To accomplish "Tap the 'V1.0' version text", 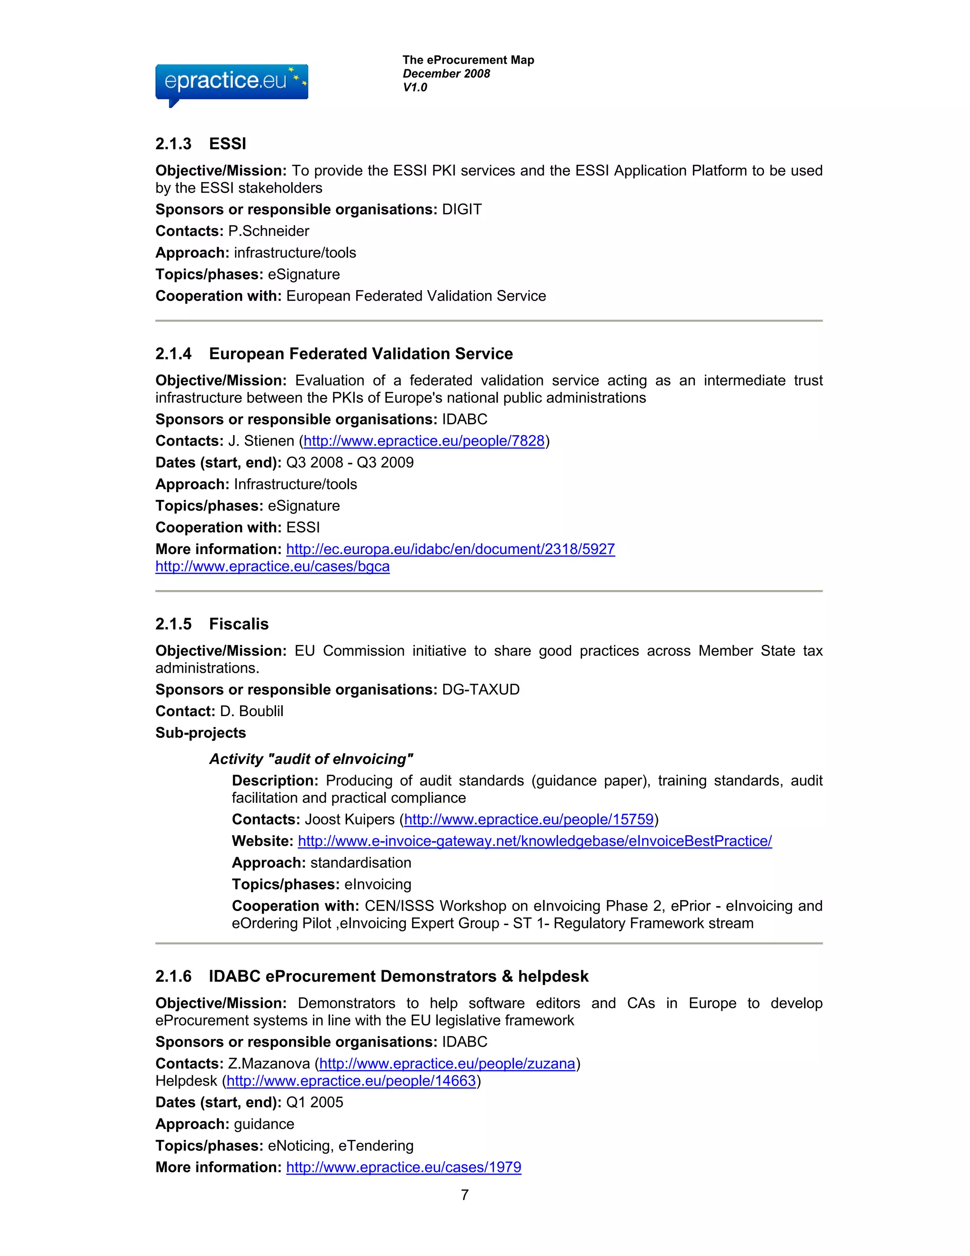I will point(414,87).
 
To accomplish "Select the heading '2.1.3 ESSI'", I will point(200,144).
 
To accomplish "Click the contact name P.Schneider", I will point(269,231).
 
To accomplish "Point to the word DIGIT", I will point(461,209).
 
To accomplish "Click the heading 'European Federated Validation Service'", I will point(360,354).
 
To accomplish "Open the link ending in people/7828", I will point(423,441).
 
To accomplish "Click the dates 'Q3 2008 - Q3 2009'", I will point(350,463).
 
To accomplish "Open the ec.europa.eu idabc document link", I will point(450,549).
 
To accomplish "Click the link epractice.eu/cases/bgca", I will point(272,566).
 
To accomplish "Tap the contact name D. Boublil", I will point(251,711).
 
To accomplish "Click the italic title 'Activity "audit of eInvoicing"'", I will point(311,759).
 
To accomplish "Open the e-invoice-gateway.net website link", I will point(534,841).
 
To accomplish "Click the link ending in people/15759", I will point(529,819).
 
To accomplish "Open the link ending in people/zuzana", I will point(447,1064).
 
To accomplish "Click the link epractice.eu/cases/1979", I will point(404,1167).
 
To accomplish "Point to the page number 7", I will point(464,1195).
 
